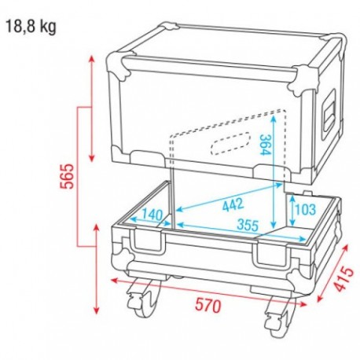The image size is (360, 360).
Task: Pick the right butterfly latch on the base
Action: tap(270, 253)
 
